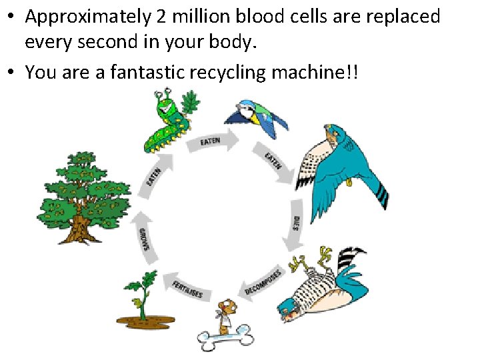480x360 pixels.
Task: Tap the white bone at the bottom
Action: (x=226, y=337)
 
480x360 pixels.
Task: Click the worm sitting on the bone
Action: (x=228, y=313)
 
